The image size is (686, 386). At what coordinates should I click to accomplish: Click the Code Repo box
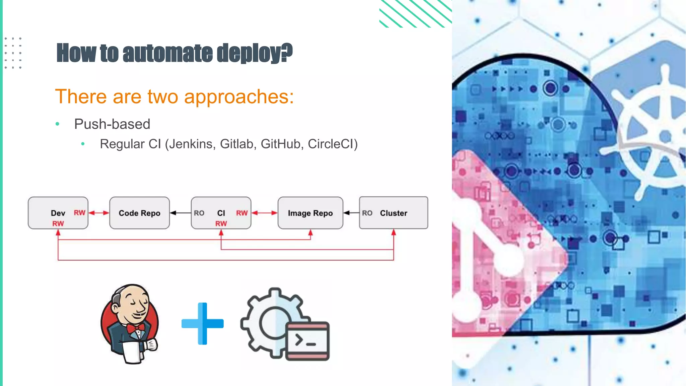pos(139,213)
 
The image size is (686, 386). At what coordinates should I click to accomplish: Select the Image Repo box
pos(310,213)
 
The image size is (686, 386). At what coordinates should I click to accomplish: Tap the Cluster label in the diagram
pos(394,213)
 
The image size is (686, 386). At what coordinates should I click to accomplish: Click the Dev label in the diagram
pos(58,213)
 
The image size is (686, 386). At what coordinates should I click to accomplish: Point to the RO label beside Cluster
pos(367,213)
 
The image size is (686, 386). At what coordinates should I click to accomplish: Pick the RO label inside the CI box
pos(199,213)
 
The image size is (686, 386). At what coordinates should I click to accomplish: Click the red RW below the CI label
pos(221,223)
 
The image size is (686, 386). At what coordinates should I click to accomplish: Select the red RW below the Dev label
pos(58,223)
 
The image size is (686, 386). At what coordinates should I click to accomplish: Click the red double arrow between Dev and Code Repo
pos(99,213)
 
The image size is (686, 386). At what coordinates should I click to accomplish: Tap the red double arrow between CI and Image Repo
pos(264,213)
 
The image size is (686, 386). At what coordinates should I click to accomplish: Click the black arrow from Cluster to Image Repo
pos(351,213)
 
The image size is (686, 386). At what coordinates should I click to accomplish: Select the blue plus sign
pos(202,323)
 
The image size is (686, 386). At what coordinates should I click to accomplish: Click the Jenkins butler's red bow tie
pos(136,328)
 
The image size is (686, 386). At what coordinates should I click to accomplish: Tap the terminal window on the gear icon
pos(307,340)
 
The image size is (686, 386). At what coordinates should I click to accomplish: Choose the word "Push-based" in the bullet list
pos(112,124)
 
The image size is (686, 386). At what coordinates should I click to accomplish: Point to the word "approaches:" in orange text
pos(239,97)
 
